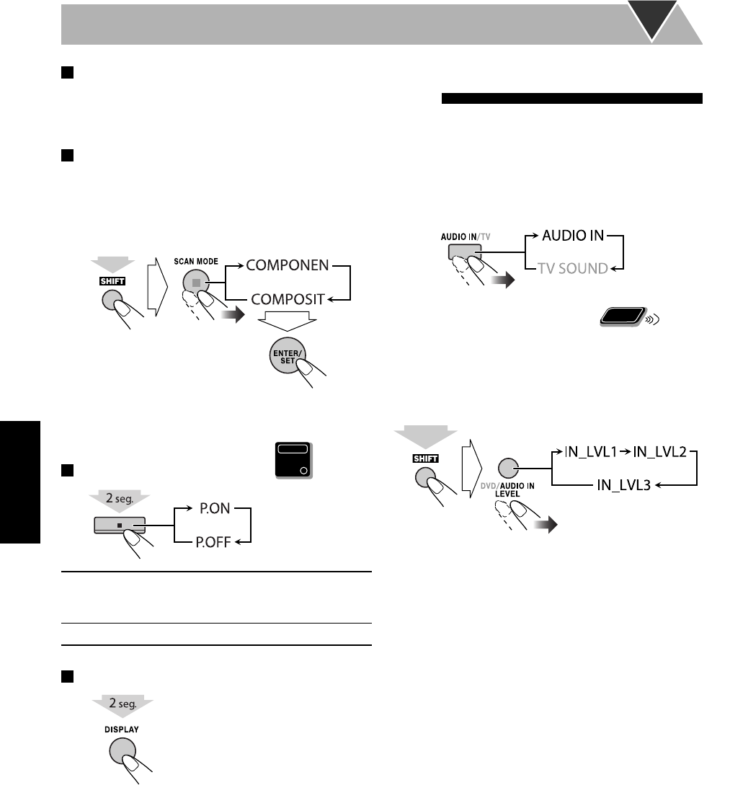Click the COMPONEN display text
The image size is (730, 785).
click(x=288, y=265)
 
